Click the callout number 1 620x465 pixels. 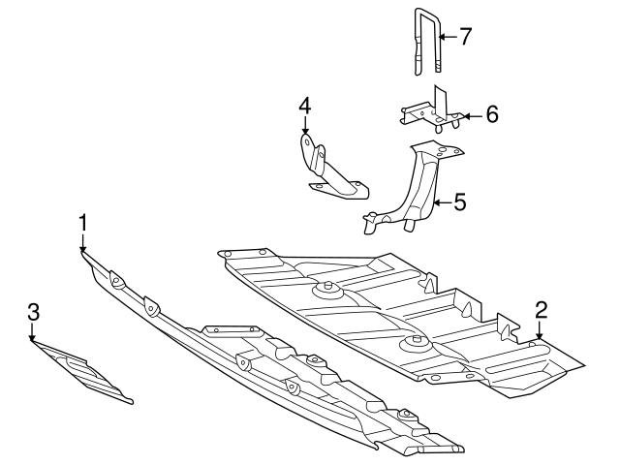pyautogui.click(x=82, y=223)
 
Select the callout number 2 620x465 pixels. pyautogui.click(x=542, y=310)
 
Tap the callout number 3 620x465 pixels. pyautogui.click(x=34, y=312)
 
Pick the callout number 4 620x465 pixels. pyautogui.click(x=305, y=106)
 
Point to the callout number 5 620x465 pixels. pyautogui.click(x=460, y=202)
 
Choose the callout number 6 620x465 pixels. pyautogui.click(x=492, y=115)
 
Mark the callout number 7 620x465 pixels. pyautogui.click(x=465, y=37)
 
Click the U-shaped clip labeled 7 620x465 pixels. pyautogui.click(x=427, y=42)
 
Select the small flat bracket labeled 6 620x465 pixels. pyautogui.click(x=432, y=109)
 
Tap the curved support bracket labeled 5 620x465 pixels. pyautogui.click(x=414, y=187)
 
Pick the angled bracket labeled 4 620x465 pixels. pyautogui.click(x=334, y=167)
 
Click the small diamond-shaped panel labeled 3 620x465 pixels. pyautogui.click(x=82, y=372)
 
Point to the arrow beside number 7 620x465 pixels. pyautogui.click(x=448, y=37)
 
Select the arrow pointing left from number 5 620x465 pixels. pyautogui.click(x=442, y=203)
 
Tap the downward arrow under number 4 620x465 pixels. pyautogui.click(x=305, y=126)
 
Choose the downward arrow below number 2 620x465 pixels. pyautogui.click(x=540, y=330)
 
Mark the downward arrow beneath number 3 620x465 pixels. pyautogui.click(x=32, y=332)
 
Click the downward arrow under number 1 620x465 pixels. pyautogui.click(x=82, y=243)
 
